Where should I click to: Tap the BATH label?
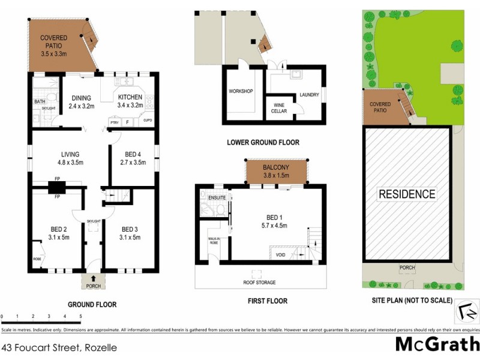pos(39,102)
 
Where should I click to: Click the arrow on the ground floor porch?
pos(92,278)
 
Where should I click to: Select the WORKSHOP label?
pos(241,91)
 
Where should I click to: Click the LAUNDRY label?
pos(308,95)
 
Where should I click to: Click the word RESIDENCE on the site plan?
pos(406,194)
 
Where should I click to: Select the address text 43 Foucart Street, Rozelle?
pos(58,347)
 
